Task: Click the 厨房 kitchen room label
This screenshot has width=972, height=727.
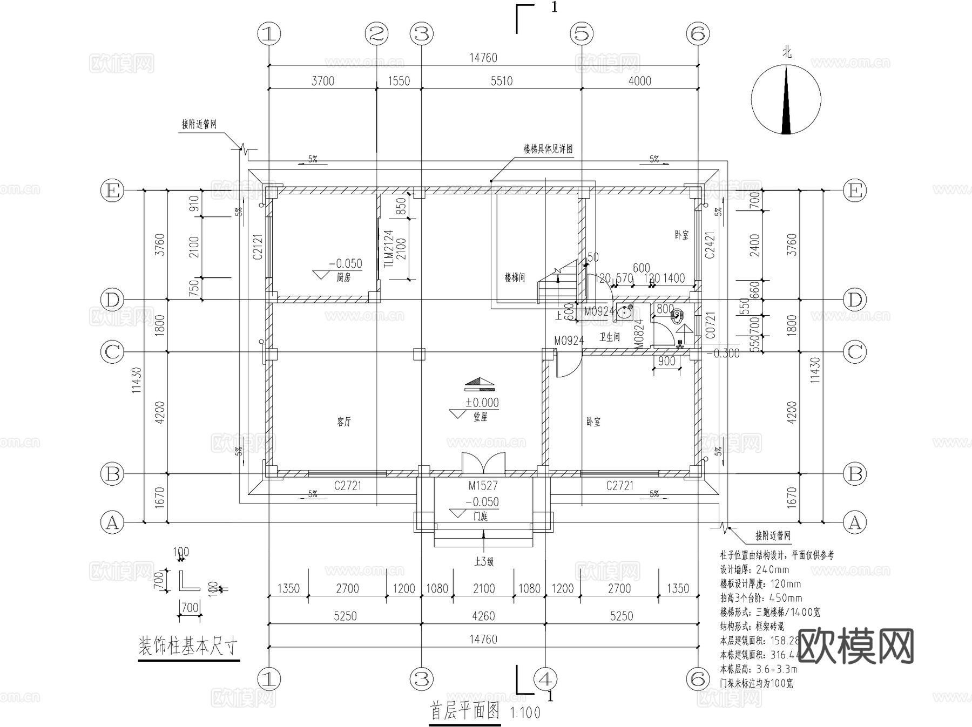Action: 343,278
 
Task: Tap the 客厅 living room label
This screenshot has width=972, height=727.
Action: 344,422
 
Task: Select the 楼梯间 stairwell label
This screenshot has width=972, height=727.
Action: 515,278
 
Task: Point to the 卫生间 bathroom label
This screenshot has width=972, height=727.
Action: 610,337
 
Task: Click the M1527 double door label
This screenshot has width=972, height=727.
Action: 483,486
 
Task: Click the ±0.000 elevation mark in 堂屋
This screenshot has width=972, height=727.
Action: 482,403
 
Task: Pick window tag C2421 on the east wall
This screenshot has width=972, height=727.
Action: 710,245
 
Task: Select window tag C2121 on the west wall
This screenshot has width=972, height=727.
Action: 258,246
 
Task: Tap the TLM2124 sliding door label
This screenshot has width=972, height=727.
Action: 388,249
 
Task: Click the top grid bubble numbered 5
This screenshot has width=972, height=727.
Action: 582,35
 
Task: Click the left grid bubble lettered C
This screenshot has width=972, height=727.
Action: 112,352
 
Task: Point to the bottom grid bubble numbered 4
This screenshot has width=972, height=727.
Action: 545,678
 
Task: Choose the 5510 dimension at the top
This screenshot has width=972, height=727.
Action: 501,81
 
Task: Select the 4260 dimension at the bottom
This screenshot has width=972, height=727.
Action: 483,616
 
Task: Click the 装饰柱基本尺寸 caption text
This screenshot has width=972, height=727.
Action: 188,646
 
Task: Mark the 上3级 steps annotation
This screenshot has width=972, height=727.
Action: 484,562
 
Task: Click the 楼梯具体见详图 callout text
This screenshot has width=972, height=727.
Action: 548,150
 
